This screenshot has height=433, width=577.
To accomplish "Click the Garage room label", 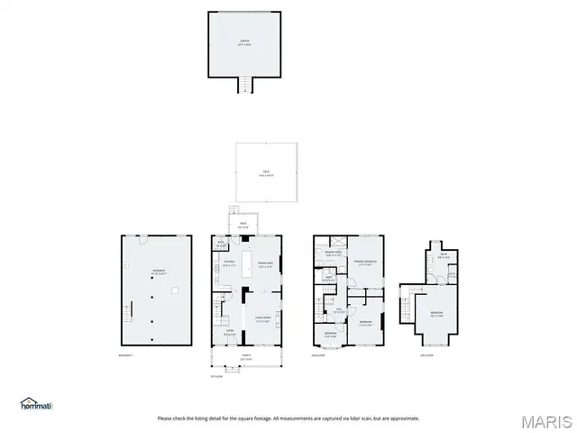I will (x=244, y=41).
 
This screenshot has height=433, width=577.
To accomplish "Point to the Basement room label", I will (x=158, y=271).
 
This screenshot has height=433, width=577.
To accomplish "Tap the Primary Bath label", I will (x=333, y=255).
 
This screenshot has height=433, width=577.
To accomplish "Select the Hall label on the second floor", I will (x=338, y=312).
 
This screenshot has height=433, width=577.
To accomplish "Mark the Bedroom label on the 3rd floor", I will (x=435, y=315).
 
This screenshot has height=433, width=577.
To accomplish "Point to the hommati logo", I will (x=36, y=402).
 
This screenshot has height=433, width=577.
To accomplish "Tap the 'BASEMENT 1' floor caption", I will (x=125, y=355).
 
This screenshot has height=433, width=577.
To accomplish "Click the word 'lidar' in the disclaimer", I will (x=373, y=418).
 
